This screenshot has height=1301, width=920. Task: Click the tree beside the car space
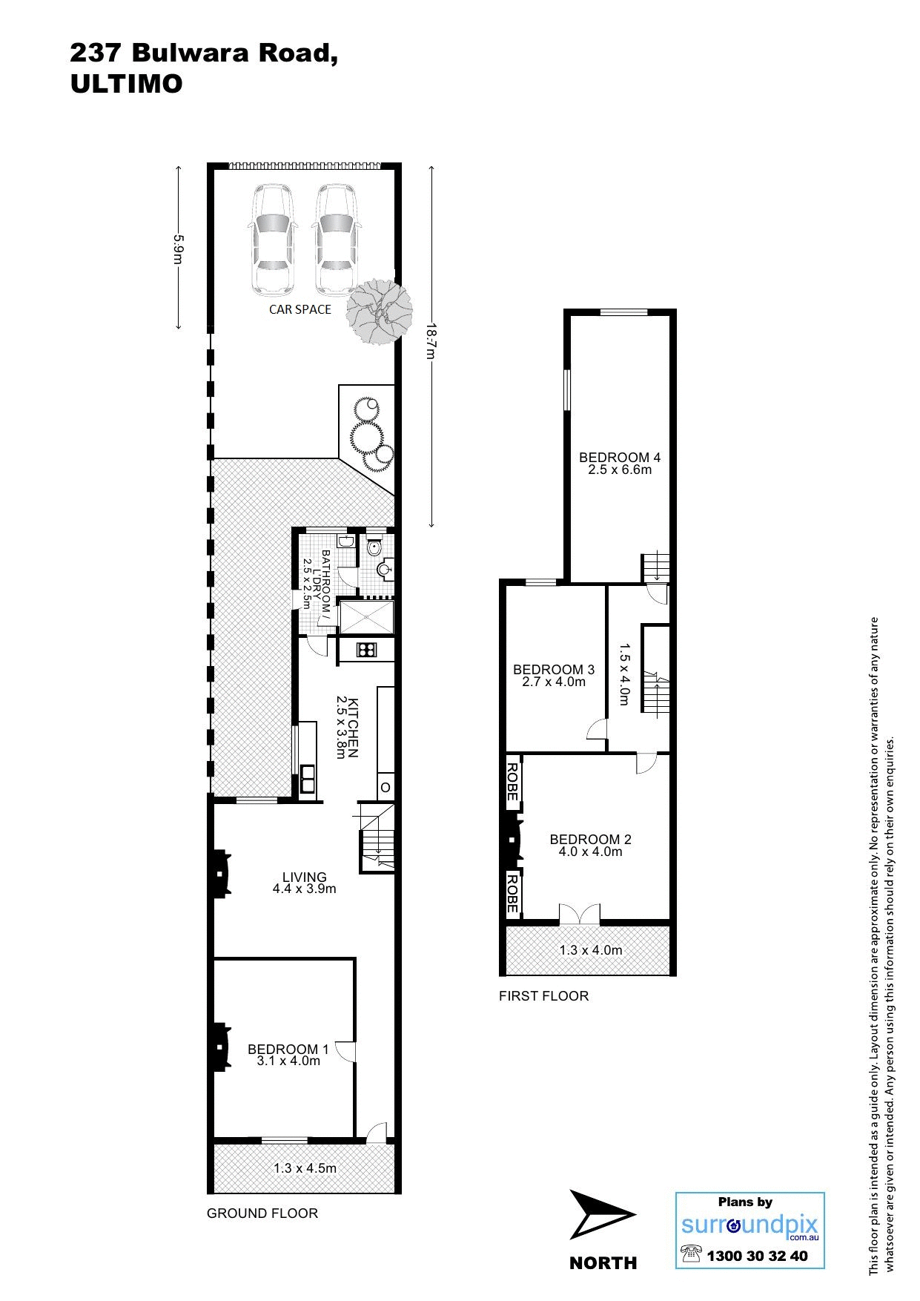379,311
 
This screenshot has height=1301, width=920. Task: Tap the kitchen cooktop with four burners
365,650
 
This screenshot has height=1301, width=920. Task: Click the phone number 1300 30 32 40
757,1256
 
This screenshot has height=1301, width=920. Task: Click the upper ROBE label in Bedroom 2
512,782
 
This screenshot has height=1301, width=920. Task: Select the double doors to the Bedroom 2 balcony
579,914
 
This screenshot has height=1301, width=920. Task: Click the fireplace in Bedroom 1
220,1047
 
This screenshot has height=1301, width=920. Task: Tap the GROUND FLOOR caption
262,1213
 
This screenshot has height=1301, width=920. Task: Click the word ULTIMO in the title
126,85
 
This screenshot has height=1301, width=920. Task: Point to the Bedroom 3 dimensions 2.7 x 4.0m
554,682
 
